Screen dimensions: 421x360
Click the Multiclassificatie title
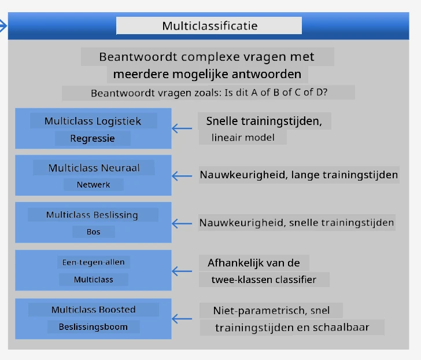210,26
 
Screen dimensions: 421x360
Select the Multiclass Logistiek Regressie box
93,128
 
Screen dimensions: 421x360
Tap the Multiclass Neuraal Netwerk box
93,175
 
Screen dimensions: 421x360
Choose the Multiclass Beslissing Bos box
93,222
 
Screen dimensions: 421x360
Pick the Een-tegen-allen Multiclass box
93,270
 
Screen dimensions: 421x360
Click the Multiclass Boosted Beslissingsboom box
93,319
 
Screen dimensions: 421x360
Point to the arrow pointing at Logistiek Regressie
182,128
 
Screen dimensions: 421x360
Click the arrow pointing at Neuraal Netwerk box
182,176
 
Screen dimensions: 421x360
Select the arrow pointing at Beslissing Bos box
182,223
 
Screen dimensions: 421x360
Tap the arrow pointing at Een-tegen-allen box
182,271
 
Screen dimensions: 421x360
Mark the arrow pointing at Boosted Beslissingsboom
182,319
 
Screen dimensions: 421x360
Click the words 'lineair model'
243,138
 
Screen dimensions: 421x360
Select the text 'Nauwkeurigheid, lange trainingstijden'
299,175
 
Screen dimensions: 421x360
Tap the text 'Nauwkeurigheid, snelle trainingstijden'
297,223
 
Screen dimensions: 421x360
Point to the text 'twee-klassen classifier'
264,280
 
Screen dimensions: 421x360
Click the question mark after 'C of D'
325,93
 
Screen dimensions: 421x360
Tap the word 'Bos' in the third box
94,232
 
